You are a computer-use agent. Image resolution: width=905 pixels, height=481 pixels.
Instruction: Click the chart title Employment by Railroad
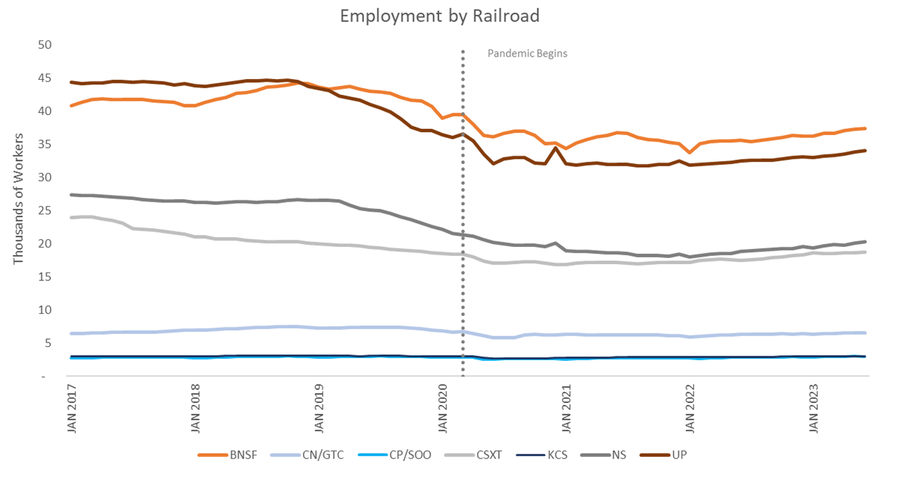440,16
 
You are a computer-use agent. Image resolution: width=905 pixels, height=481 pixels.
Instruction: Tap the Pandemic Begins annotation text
527,53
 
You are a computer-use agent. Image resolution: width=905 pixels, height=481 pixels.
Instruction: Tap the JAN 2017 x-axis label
72,409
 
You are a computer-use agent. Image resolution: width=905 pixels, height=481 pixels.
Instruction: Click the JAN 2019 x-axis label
319,409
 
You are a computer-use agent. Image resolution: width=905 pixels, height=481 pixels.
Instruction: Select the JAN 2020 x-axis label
443,409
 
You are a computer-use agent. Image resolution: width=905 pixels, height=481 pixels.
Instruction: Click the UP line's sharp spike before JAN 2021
556,148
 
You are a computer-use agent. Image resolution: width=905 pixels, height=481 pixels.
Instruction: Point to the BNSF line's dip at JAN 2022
690,152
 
